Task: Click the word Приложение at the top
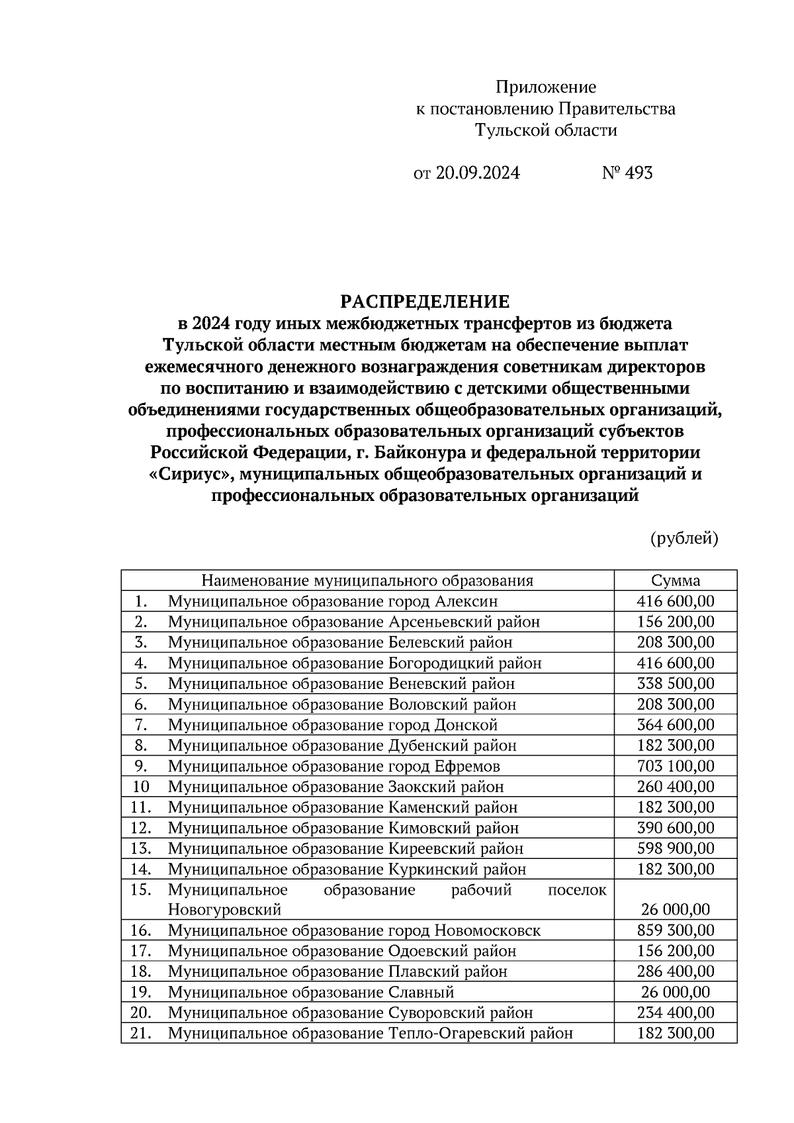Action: coord(546,87)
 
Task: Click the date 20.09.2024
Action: coord(478,173)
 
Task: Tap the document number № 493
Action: coord(627,173)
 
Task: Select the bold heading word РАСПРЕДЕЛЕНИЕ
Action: coord(425,302)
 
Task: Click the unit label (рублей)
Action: coord(684,539)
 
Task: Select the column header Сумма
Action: coord(675,581)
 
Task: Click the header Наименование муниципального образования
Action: coord(367,581)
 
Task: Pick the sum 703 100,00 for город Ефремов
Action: coord(675,766)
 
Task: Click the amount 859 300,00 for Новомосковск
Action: coord(675,930)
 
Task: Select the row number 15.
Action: coord(141,889)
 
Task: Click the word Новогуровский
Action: coord(224,910)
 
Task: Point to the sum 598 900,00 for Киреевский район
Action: coord(675,848)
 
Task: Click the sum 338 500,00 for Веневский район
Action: coord(675,684)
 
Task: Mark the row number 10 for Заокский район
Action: coord(141,787)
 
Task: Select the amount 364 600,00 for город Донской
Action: coord(675,725)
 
